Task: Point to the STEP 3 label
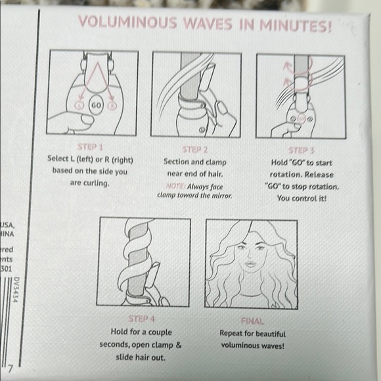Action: tap(302, 149)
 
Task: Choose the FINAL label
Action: tap(253, 321)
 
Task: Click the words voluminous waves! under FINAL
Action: tap(253, 345)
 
